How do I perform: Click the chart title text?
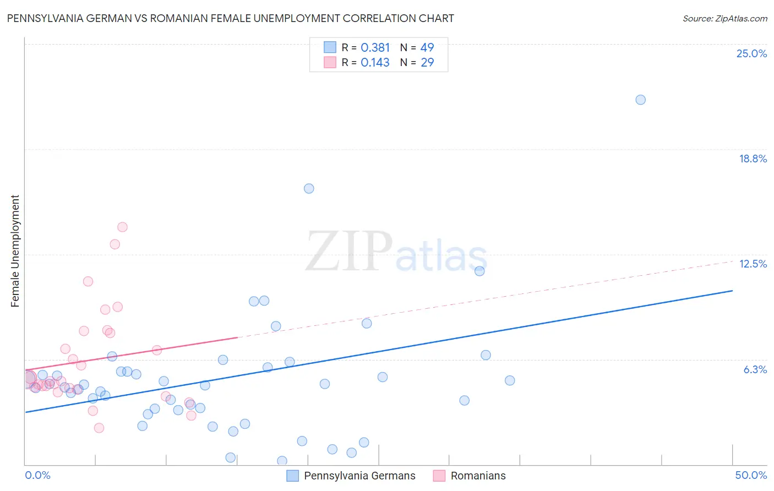click(230, 18)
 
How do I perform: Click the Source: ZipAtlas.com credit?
click(724, 19)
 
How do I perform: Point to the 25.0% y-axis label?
click(751, 53)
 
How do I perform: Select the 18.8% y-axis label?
click(753, 159)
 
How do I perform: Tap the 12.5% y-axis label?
click(753, 264)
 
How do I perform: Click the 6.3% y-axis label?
click(755, 369)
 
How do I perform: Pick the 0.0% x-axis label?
click(37, 475)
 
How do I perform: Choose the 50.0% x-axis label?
click(751, 475)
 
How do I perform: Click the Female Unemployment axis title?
click(15, 251)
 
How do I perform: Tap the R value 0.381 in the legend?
click(375, 47)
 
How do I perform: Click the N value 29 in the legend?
click(427, 62)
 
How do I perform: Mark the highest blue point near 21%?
click(640, 100)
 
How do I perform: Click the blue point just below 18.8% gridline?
click(309, 188)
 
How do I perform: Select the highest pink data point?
click(122, 227)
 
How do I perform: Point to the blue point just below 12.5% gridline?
click(479, 271)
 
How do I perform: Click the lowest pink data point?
click(99, 428)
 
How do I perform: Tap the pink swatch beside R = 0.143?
click(330, 62)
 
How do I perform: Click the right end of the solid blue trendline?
click(732, 290)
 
